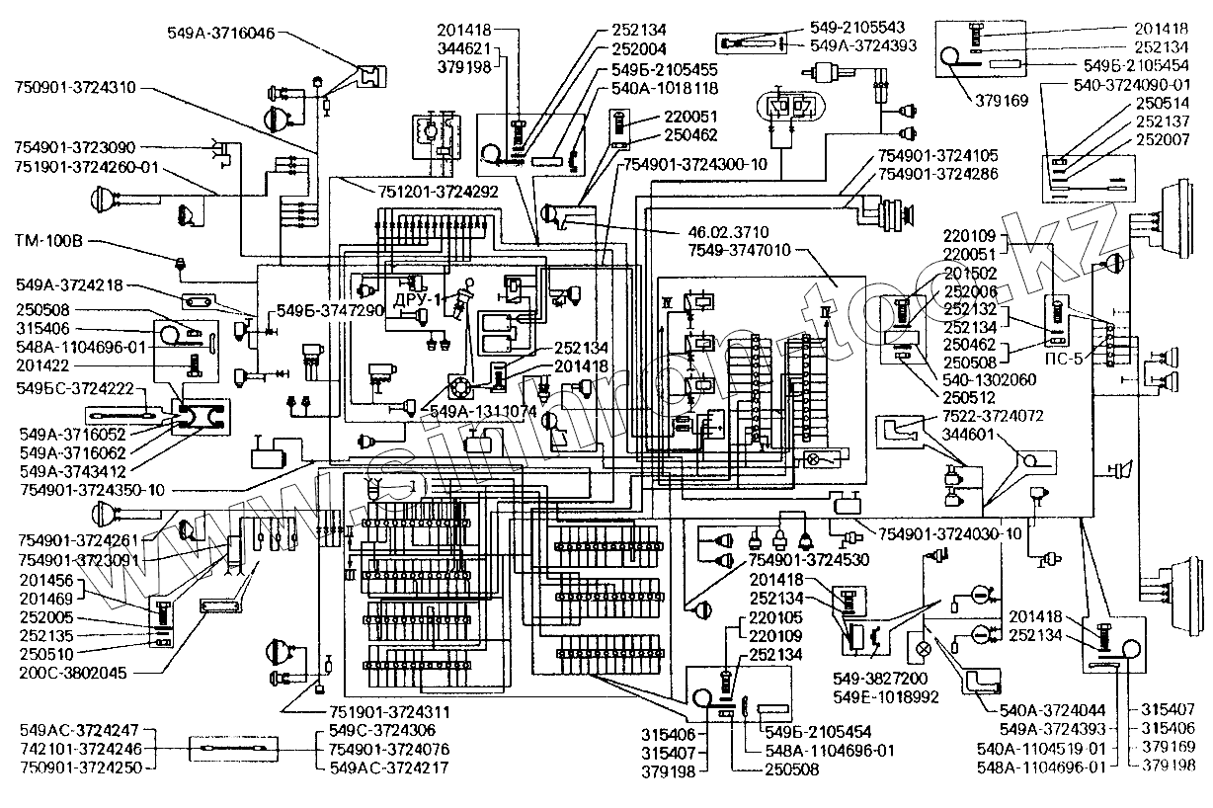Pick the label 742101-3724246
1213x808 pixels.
coord(81,750)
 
